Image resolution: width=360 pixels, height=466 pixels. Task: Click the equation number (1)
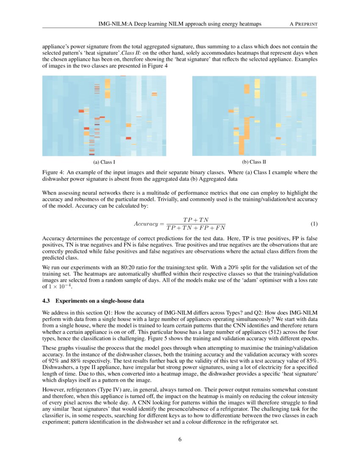(314, 223)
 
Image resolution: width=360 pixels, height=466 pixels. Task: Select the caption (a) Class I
(104, 162)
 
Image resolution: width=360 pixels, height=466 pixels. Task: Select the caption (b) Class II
(254, 162)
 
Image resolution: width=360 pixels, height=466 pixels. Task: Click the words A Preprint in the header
(303, 25)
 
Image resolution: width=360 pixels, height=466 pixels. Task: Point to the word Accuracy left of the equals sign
(146, 224)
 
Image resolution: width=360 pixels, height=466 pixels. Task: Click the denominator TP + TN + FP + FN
(196, 228)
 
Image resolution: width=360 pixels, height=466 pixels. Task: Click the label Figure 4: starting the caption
(54, 172)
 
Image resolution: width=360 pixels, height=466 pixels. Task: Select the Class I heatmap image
(104, 116)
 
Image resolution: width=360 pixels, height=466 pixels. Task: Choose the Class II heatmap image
(254, 116)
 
